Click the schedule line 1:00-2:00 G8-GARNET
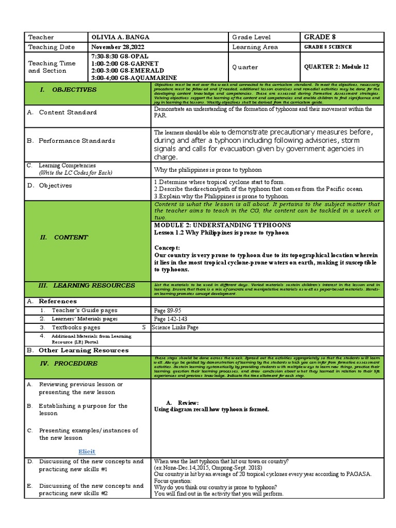[x=117, y=63]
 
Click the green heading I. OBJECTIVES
[x=75, y=90]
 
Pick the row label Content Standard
[x=68, y=112]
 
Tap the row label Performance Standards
[x=77, y=141]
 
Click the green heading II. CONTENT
[x=71, y=237]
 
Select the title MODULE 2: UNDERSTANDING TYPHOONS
[x=222, y=225]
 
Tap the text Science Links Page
[x=175, y=327]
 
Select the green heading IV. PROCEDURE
[x=76, y=363]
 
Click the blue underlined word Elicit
[x=87, y=451]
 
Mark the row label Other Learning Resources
[x=83, y=350]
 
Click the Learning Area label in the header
[x=255, y=47]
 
